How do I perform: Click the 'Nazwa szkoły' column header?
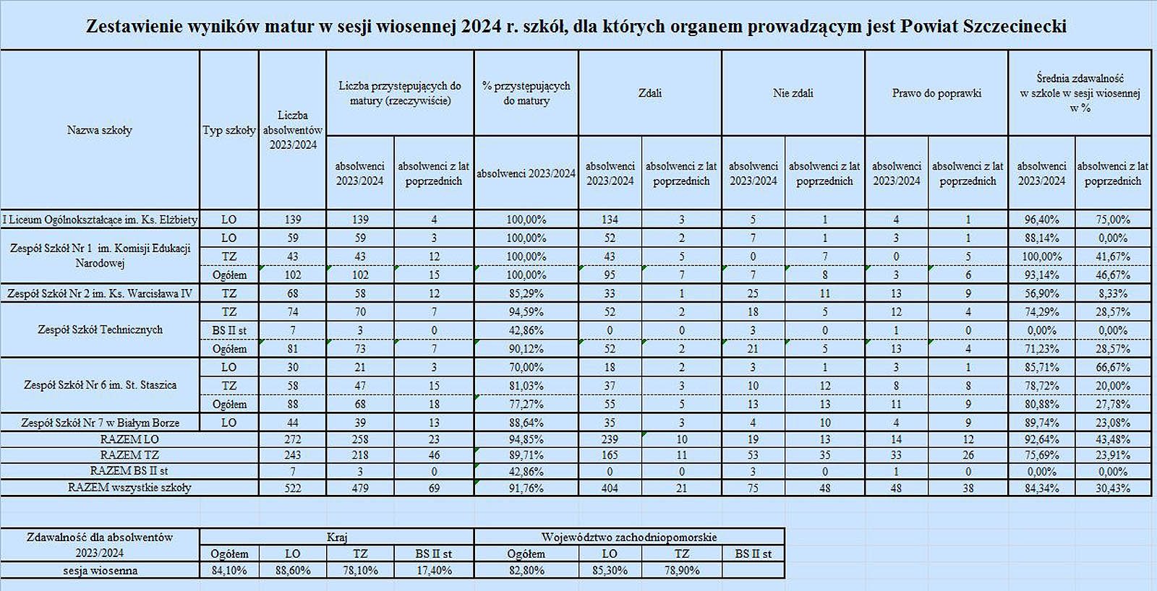pyautogui.click(x=100, y=130)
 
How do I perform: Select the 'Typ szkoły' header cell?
pyautogui.click(x=229, y=130)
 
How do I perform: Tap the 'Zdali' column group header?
pyautogui.click(x=650, y=93)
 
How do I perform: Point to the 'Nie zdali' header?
pyautogui.click(x=793, y=93)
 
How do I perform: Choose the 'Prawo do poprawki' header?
pyautogui.click(x=936, y=93)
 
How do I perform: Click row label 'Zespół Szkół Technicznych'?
pyautogui.click(x=101, y=329)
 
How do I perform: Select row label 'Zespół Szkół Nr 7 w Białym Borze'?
pyautogui.click(x=101, y=423)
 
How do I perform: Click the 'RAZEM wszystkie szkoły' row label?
pyautogui.click(x=129, y=487)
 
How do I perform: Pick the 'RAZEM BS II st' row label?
pyautogui.click(x=129, y=471)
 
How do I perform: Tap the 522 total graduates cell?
pyautogui.click(x=293, y=488)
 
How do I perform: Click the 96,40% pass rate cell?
pyautogui.click(x=1042, y=220)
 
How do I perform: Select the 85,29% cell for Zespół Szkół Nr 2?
pyautogui.click(x=526, y=293)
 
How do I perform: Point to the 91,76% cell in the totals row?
pyautogui.click(x=526, y=488)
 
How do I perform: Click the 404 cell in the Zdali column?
pyautogui.click(x=610, y=488)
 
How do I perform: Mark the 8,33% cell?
pyautogui.click(x=1113, y=293)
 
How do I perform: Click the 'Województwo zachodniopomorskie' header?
pyautogui.click(x=629, y=537)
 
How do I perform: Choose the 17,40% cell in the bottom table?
pyautogui.click(x=434, y=570)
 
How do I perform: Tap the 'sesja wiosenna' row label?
pyautogui.click(x=101, y=570)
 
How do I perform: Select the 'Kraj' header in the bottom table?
pyautogui.click(x=337, y=537)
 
